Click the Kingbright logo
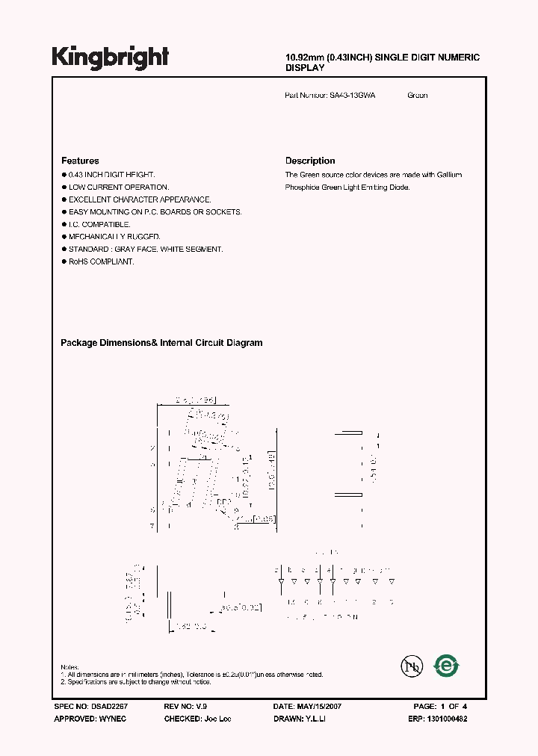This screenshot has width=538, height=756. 110,58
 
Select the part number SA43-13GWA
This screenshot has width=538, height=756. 353,96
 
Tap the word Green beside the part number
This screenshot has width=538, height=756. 418,96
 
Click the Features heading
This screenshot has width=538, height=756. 80,161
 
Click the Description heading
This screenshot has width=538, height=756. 310,161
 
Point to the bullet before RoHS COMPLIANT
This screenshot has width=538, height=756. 64,261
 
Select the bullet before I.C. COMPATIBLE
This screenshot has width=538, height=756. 64,224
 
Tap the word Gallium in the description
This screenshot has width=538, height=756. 448,175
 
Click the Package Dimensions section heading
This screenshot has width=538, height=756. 161,343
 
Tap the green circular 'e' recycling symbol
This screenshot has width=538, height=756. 447,664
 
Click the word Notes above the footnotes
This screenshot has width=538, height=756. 69,667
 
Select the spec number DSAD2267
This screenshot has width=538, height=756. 112,706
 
